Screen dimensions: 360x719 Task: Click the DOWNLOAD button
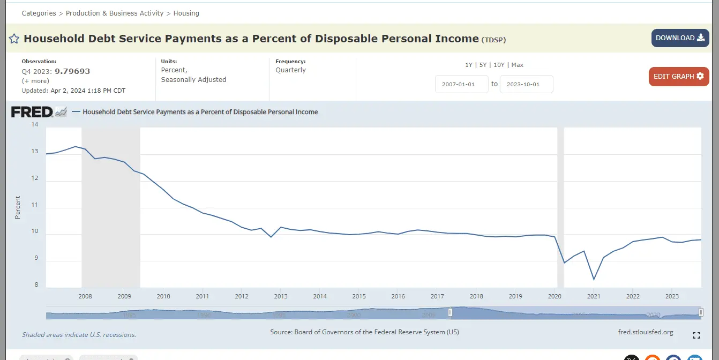680,38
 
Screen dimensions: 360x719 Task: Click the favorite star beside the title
14,39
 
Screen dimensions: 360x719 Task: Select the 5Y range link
483,65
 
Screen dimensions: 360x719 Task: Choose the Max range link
517,65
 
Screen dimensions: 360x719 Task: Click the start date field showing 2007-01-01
461,84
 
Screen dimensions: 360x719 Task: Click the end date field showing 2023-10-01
526,84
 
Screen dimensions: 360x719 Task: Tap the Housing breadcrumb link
186,13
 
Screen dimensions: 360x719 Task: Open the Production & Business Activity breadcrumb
115,13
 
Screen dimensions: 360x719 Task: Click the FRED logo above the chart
32,112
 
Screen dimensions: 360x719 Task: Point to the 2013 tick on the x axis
280,296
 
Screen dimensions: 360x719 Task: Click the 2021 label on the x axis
594,296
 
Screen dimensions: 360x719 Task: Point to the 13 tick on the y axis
35,152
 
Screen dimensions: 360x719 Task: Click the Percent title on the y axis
18,207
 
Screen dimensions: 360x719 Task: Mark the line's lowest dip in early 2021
594,279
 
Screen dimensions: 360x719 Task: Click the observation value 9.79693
72,71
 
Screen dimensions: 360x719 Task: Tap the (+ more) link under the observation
35,81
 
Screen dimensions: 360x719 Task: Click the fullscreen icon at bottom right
696,335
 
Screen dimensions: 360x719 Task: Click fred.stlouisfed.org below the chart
645,332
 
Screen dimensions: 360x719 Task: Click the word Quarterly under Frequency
291,70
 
